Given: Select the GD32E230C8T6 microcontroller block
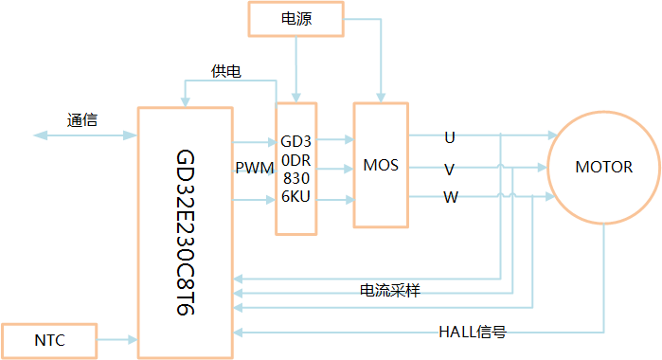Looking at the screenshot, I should [185, 232].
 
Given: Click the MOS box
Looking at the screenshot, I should [381, 166].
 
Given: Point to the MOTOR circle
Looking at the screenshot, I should [603, 168].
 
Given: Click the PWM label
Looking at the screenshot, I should [254, 168].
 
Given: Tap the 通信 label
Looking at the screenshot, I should [82, 120].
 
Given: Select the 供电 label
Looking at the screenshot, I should [225, 71].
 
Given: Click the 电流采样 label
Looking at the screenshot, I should [389, 290].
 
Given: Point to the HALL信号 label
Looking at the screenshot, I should [478, 332].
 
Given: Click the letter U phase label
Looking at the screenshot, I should [449, 137].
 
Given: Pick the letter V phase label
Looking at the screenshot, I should [449, 169].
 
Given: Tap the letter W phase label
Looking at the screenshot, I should [450, 198].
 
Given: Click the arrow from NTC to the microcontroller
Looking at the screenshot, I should [117, 338].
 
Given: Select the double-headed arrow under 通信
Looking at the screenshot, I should [85, 136].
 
